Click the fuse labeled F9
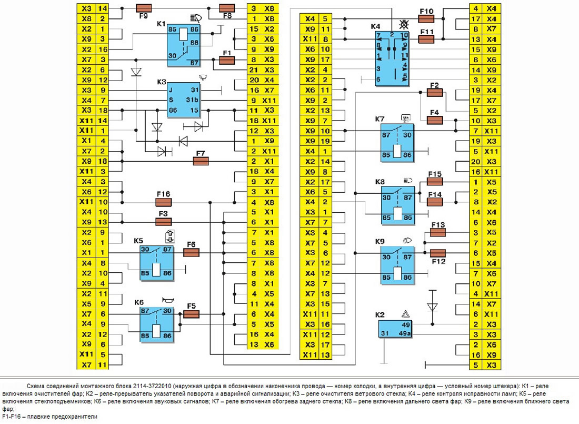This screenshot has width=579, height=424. (144, 8)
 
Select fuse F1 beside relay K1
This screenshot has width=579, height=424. (226, 60)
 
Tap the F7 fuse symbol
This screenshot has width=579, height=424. (201, 161)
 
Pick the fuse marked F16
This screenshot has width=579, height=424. (164, 202)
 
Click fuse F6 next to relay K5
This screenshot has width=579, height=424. (191, 252)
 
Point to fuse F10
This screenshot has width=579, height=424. (426, 18)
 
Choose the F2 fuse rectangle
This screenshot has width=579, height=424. (434, 93)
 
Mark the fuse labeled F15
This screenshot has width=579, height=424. (435, 181)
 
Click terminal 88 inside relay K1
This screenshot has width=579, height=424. (195, 42)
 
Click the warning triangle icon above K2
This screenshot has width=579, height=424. (406, 312)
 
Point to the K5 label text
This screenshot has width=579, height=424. (139, 240)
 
